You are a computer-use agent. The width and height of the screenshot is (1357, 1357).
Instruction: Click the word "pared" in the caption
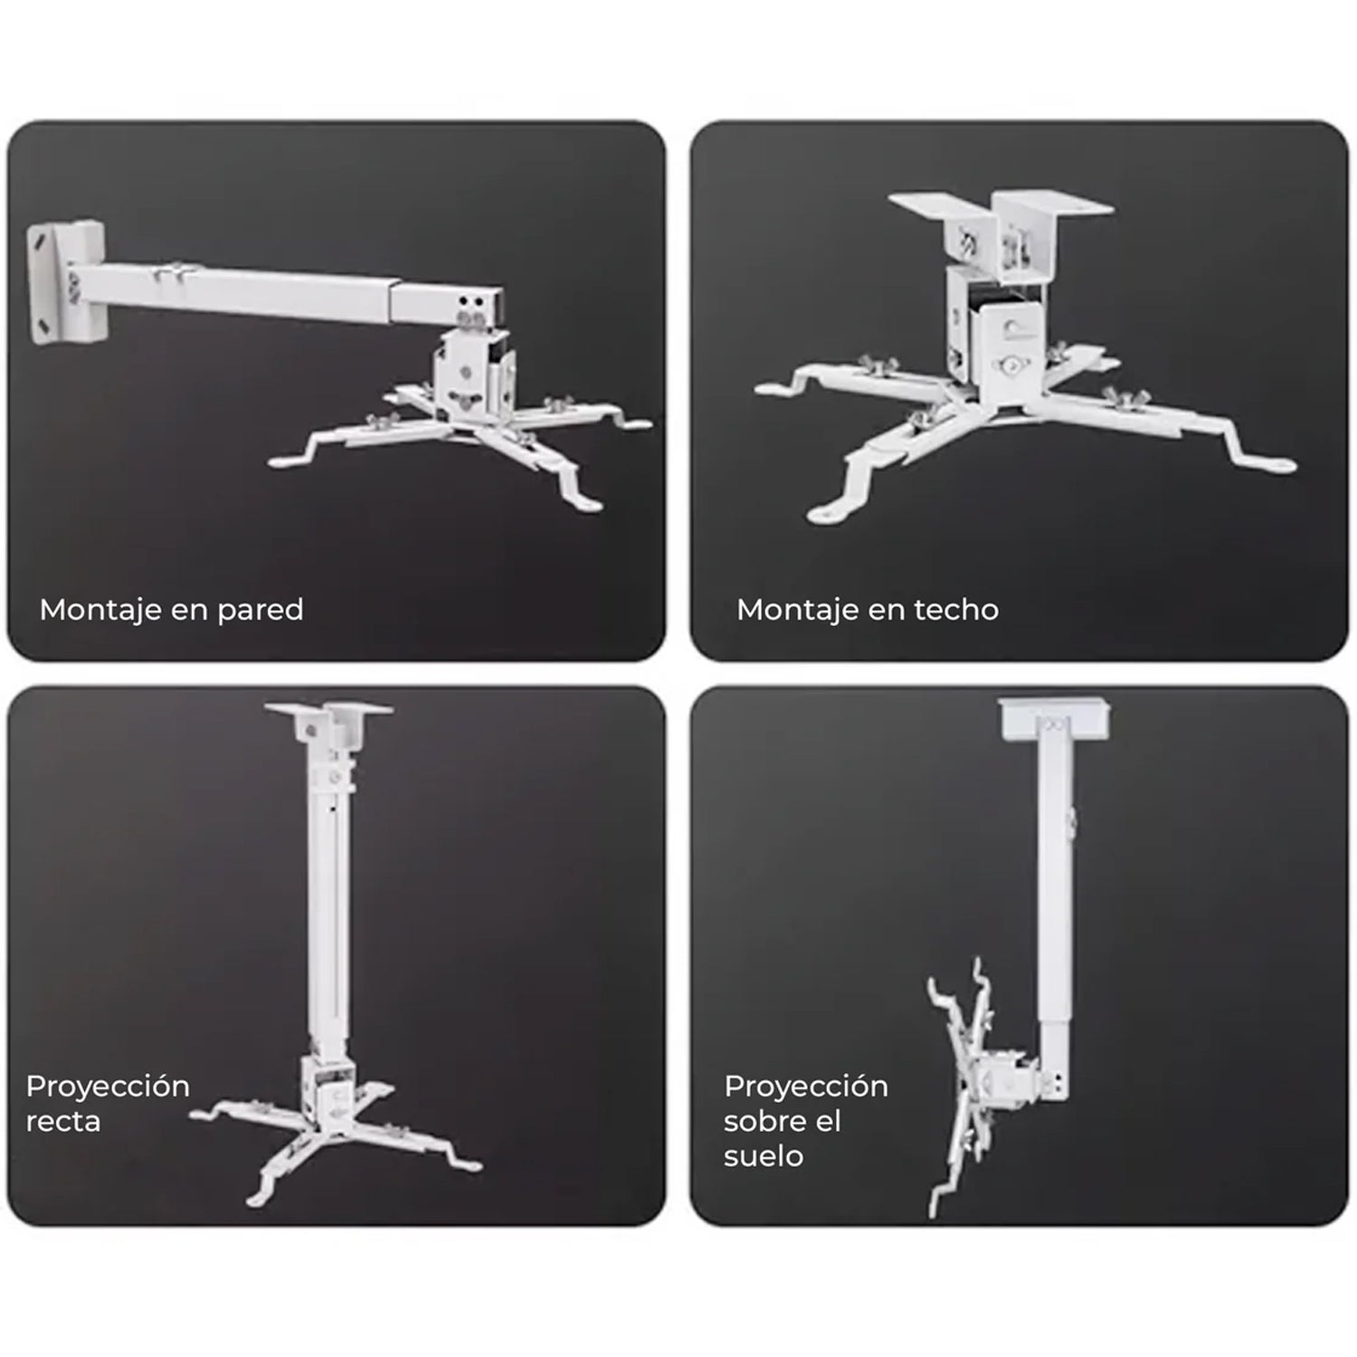tap(261, 611)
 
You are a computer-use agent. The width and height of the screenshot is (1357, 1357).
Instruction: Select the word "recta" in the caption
tap(63, 1122)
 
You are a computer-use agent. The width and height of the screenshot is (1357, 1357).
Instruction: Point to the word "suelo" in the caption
tap(764, 1156)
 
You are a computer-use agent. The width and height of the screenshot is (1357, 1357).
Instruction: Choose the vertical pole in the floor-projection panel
tap(1054, 905)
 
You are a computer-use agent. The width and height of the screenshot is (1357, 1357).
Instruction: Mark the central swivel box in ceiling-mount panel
tap(997, 326)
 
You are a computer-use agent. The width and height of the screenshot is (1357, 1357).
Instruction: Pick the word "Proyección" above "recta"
tap(108, 1087)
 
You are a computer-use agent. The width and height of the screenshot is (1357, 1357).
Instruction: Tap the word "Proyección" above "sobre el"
tap(806, 1087)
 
